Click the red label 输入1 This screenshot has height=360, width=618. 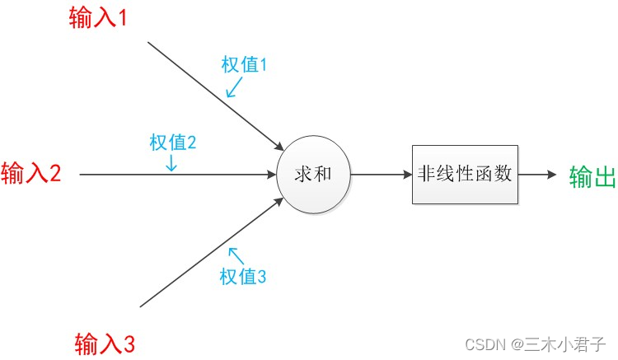click(x=98, y=18)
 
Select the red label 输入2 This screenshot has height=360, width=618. click(x=31, y=174)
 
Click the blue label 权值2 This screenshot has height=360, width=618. click(x=172, y=142)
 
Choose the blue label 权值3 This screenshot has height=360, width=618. click(x=243, y=277)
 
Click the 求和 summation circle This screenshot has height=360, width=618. click(x=313, y=174)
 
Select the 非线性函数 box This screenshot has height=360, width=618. click(x=465, y=174)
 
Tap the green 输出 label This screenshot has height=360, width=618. click(x=592, y=176)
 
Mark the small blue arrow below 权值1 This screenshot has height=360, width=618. click(x=235, y=87)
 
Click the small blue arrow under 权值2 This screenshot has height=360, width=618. click(x=171, y=163)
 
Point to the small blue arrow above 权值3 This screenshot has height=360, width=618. click(x=235, y=255)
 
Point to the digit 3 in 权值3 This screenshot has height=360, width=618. click(x=261, y=277)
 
